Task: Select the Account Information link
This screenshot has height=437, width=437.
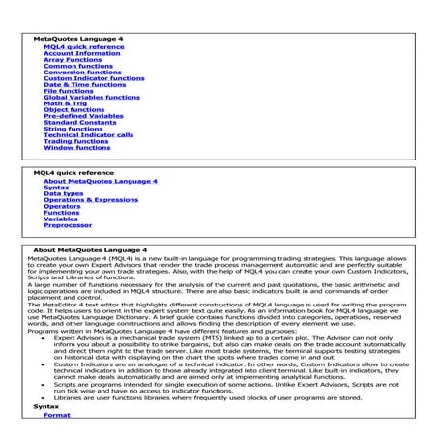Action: click(80, 52)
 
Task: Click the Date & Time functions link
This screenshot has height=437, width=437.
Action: click(84, 84)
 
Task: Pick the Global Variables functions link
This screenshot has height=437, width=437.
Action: click(92, 97)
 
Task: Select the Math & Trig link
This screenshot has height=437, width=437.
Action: click(65, 103)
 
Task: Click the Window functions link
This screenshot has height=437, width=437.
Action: click(77, 148)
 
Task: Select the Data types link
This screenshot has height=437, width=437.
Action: click(64, 193)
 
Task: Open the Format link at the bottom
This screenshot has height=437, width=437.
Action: click(57, 414)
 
